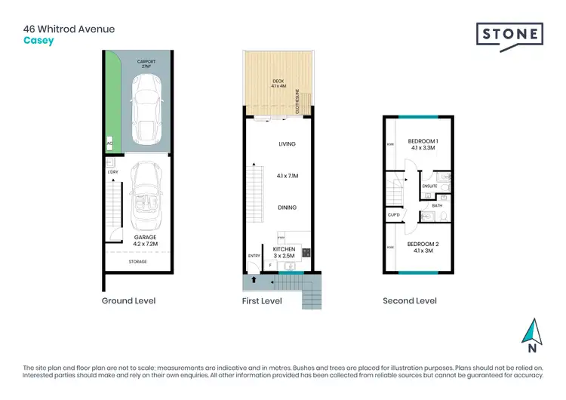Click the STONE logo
click(x=509, y=34)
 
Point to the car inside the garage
click(x=143, y=202)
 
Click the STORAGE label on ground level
click(x=137, y=262)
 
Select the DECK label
click(x=276, y=83)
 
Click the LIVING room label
click(x=287, y=143)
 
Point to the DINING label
click(x=287, y=208)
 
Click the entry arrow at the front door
click(x=254, y=281)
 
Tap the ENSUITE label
click(x=430, y=186)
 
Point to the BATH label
click(x=436, y=205)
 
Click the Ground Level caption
click(x=128, y=300)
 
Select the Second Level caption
click(x=410, y=300)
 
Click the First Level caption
click(x=263, y=300)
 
